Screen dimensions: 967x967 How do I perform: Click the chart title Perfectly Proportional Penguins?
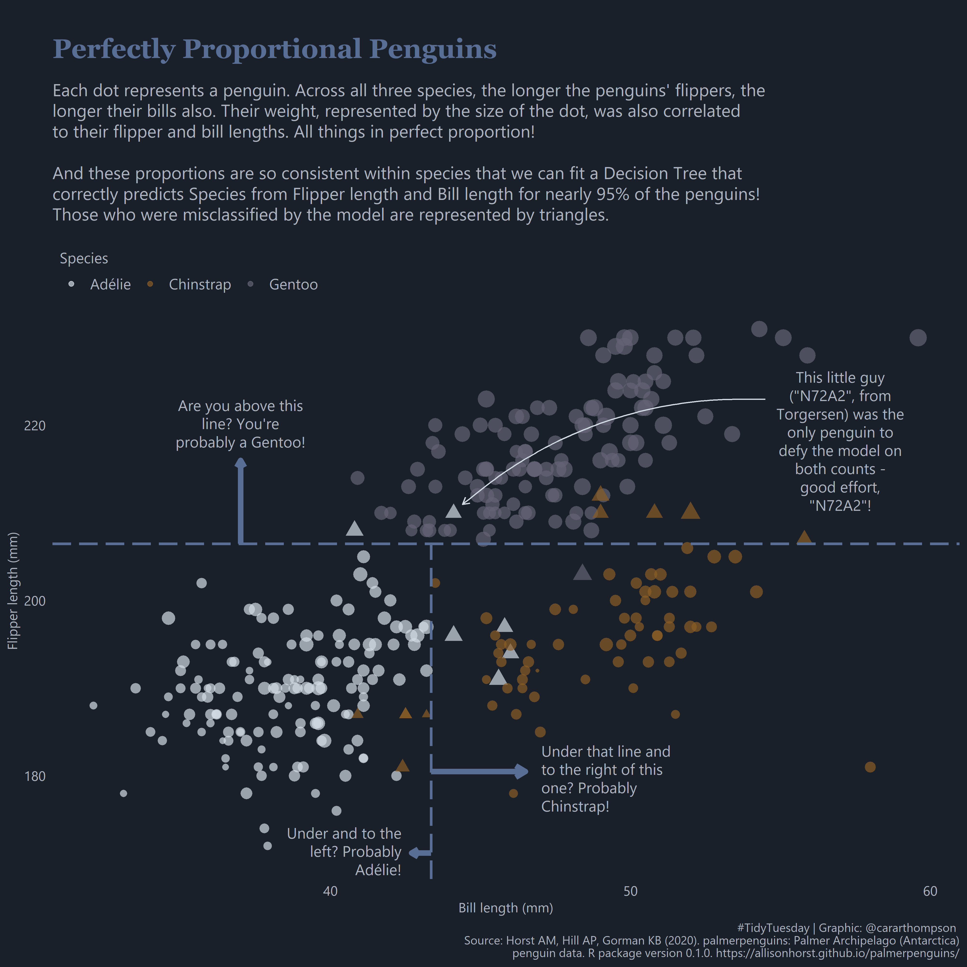274,49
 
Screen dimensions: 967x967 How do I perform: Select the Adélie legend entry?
110,284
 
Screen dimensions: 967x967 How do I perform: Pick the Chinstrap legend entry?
200,284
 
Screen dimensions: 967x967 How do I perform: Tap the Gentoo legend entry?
293,284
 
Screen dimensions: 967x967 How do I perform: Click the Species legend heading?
84,258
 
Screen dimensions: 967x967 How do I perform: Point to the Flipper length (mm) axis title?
13,591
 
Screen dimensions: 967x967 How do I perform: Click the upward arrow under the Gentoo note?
241,500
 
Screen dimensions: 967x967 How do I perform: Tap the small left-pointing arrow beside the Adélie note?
419,852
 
